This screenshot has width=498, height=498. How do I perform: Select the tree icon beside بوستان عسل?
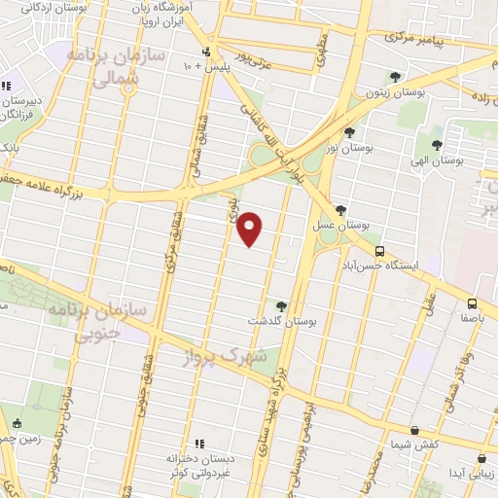(x=340, y=210)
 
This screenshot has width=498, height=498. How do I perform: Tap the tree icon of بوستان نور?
(x=349, y=132)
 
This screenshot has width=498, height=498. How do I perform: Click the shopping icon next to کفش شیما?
(x=415, y=431)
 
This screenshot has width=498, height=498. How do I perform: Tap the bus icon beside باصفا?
(x=472, y=303)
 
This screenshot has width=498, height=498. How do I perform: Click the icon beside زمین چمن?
(x=17, y=423)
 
